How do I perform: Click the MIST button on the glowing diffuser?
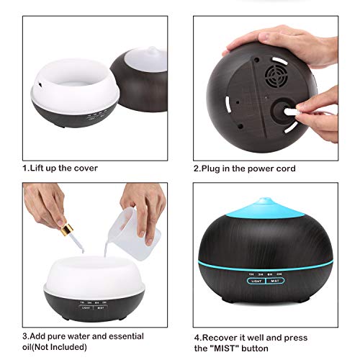coord(275,281)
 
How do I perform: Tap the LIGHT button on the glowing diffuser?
coord(256,281)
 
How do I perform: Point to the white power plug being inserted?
coord(291,112)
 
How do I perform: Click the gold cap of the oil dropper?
coord(66,228)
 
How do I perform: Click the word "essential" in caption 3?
coord(127,336)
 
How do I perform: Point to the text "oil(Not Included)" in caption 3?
coord(55,347)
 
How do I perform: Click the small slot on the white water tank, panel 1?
coord(40,84)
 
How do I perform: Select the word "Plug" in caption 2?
coord(210,168)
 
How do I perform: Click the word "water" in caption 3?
coord(78,336)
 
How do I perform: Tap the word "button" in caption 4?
coord(255,348)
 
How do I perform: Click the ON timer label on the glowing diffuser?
coord(279,274)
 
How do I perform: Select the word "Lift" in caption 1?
coord(37,168)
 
